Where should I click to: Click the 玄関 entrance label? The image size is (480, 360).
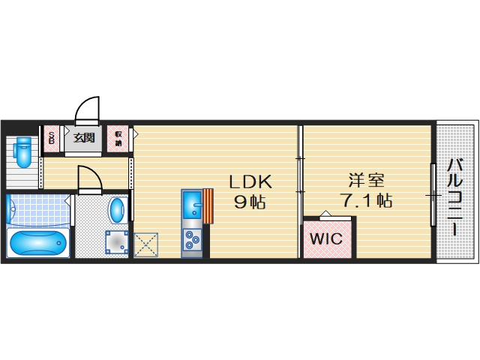click(84, 138)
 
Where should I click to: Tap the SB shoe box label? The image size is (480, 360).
click(52, 138)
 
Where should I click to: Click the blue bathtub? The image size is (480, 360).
click(37, 244)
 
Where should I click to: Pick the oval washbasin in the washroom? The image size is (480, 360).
click(118, 210)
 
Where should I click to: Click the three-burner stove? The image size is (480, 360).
click(192, 239)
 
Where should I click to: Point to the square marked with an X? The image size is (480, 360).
click(145, 245)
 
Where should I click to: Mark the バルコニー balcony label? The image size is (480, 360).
click(455, 196)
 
